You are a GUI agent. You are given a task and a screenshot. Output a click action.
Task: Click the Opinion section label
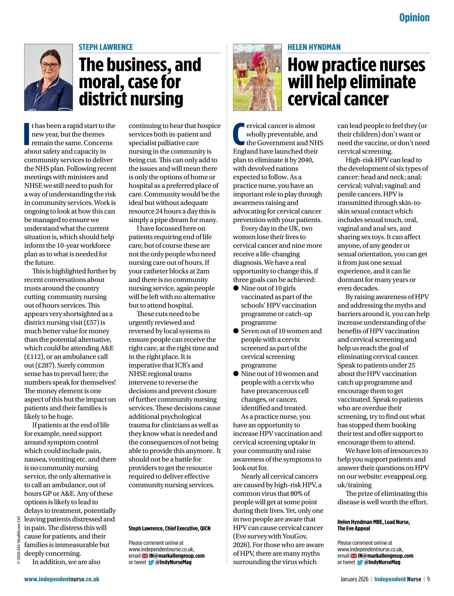click(x=414, y=17)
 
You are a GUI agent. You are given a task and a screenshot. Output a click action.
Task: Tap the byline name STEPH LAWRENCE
click(x=106, y=47)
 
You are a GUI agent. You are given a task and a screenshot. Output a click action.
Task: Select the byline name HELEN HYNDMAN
click(x=314, y=47)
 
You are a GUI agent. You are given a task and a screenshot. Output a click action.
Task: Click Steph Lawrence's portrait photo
click(x=48, y=77)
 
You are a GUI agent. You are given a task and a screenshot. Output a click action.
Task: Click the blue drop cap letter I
click(x=27, y=134)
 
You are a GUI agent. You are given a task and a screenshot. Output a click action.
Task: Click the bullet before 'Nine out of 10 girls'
click(x=236, y=288)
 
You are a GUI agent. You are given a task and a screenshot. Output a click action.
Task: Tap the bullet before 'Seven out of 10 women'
click(x=236, y=331)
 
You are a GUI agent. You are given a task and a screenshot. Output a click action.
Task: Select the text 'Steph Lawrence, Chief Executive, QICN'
click(x=169, y=528)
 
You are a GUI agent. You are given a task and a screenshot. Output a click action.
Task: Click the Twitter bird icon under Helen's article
click(x=359, y=562)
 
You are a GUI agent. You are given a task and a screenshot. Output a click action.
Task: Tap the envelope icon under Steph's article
click(x=145, y=556)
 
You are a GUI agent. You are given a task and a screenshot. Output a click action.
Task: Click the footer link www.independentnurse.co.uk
click(x=62, y=579)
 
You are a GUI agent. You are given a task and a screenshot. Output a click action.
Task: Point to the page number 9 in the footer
click(x=428, y=579)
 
